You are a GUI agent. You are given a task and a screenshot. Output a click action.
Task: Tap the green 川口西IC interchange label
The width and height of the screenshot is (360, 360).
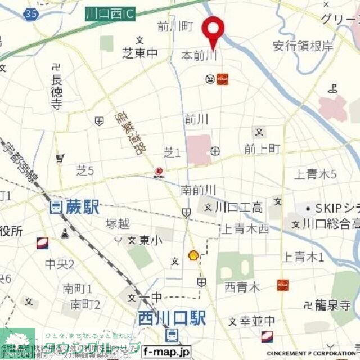(111, 14)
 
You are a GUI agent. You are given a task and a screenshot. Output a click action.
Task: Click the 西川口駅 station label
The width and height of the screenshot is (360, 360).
(172, 318)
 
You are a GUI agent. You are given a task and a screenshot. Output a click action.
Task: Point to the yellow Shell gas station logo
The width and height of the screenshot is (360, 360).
(193, 255)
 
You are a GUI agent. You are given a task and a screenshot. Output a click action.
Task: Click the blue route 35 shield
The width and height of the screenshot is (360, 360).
(32, 13)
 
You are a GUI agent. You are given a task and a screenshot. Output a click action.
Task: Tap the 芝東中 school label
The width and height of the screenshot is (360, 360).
(140, 53)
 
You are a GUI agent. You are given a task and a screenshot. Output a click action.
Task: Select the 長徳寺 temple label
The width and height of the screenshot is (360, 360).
(55, 92)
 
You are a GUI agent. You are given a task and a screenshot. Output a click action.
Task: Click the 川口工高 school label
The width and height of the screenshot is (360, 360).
(239, 208)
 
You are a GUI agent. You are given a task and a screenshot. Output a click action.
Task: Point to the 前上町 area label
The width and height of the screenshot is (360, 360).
(262, 148)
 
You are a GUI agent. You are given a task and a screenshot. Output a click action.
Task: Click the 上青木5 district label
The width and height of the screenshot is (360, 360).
(315, 174)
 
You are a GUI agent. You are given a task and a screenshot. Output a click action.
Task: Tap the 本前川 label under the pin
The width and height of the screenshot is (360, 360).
(199, 55)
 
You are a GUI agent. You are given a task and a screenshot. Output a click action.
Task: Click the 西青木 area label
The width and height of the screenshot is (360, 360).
(242, 287)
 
